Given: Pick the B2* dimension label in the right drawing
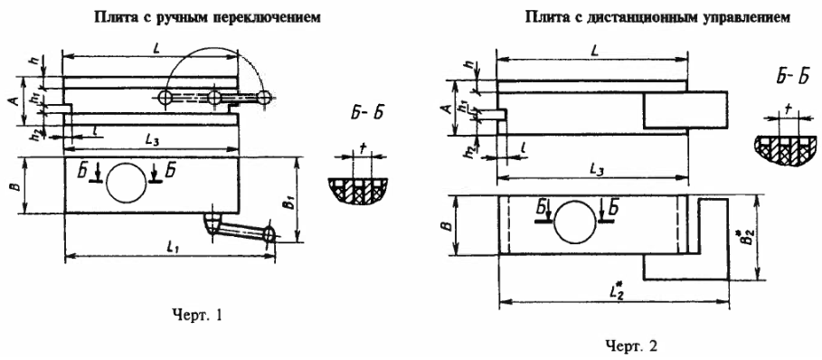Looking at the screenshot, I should (743, 239).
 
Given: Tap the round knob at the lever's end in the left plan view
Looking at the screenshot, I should (269, 235).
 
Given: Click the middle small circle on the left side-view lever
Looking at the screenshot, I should (214, 98).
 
